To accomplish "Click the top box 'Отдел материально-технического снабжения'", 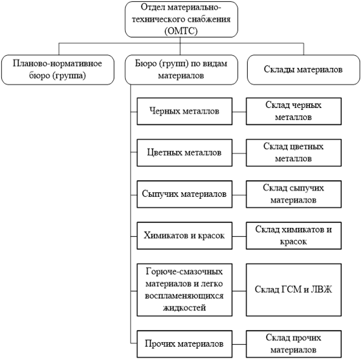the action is pos(181,19).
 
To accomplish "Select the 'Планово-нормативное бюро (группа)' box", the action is pos(58,70).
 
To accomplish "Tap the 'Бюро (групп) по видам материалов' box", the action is pos(181,70).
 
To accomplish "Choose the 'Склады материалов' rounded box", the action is pos(304,70).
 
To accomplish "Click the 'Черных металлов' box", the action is pos(184,112).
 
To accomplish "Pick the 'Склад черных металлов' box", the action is pos(293,112).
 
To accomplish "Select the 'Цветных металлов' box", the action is pos(184,153).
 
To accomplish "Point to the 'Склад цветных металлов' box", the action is pos(293,153).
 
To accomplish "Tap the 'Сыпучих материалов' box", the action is pos(184,194).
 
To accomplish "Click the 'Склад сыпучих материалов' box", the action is pos(293,194).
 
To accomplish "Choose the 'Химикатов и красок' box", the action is pos(184,236).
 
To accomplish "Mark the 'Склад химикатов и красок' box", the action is pos(293,236).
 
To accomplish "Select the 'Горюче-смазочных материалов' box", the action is pos(184,290).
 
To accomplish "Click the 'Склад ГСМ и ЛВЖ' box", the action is pos(293,290).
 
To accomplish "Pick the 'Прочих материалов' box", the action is pos(184,344).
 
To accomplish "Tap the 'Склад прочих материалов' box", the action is pos(293,344).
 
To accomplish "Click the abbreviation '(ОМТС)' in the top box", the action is pos(181,31).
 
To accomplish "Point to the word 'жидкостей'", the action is pos(184,307).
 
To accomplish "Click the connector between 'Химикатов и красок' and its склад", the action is pos(239,237).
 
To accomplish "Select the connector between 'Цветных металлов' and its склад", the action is pos(239,154).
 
